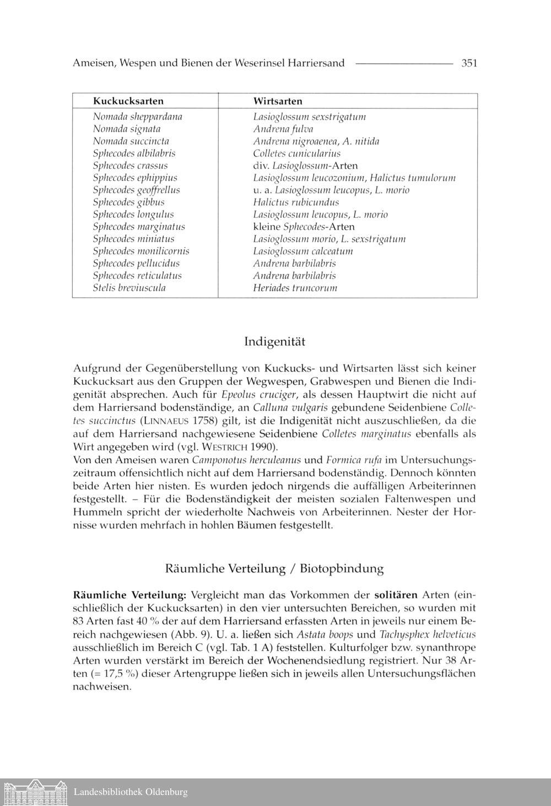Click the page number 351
click(469, 63)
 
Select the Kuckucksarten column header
click(128, 101)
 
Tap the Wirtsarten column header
click(278, 101)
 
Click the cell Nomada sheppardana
click(137, 117)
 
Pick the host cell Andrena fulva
click(283, 129)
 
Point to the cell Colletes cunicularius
click(297, 153)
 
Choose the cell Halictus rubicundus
click(296, 202)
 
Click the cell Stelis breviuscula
click(129, 288)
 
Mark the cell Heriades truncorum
click(295, 288)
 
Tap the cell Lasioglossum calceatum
click(303, 251)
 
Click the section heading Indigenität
click(274, 342)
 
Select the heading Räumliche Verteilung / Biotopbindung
click(274, 568)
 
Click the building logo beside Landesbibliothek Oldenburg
click(34, 792)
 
